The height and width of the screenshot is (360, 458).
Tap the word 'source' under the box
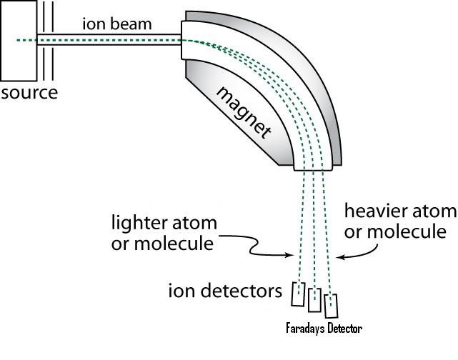(x=29, y=93)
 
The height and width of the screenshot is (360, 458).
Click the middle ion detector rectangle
(x=315, y=299)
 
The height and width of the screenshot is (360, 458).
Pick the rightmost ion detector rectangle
(x=331, y=305)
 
